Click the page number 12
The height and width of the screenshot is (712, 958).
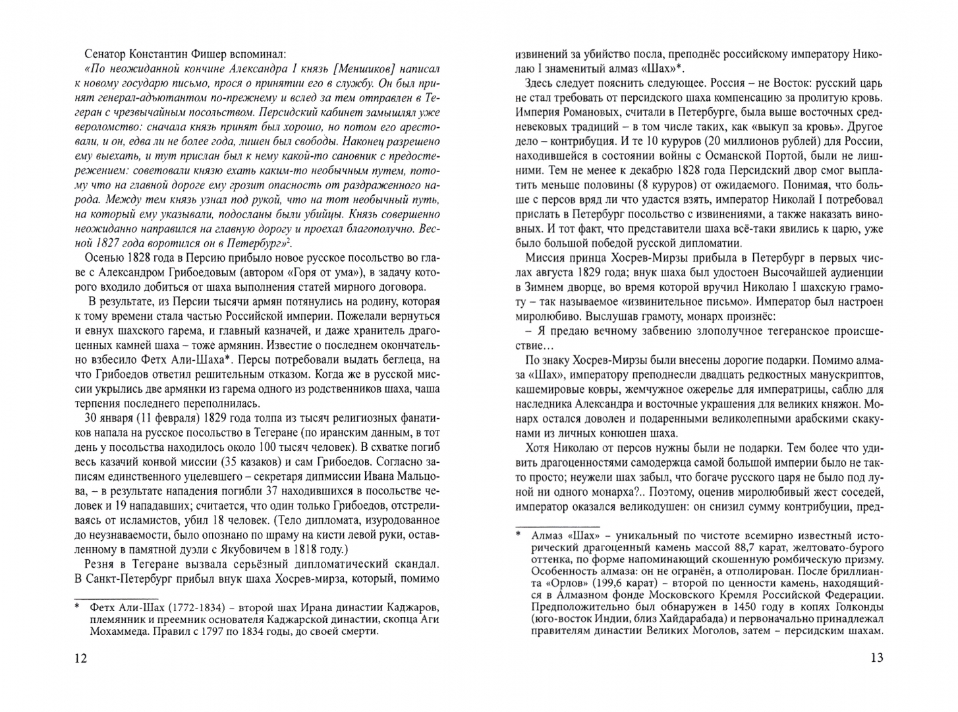[x=80, y=659]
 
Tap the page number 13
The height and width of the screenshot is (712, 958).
[x=876, y=659]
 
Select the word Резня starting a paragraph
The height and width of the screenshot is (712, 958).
[x=101, y=564]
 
